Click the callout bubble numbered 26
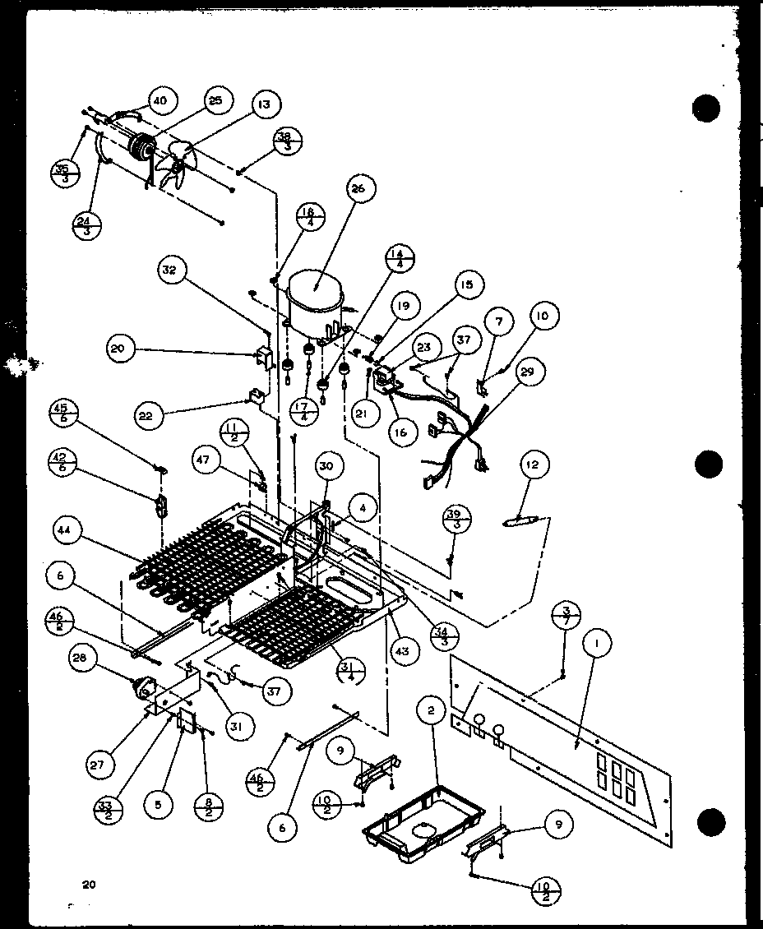pos(357,188)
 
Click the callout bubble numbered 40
pos(159,100)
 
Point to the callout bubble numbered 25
pos(215,100)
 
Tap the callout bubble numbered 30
pos(326,465)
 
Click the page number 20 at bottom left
pos(89,885)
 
